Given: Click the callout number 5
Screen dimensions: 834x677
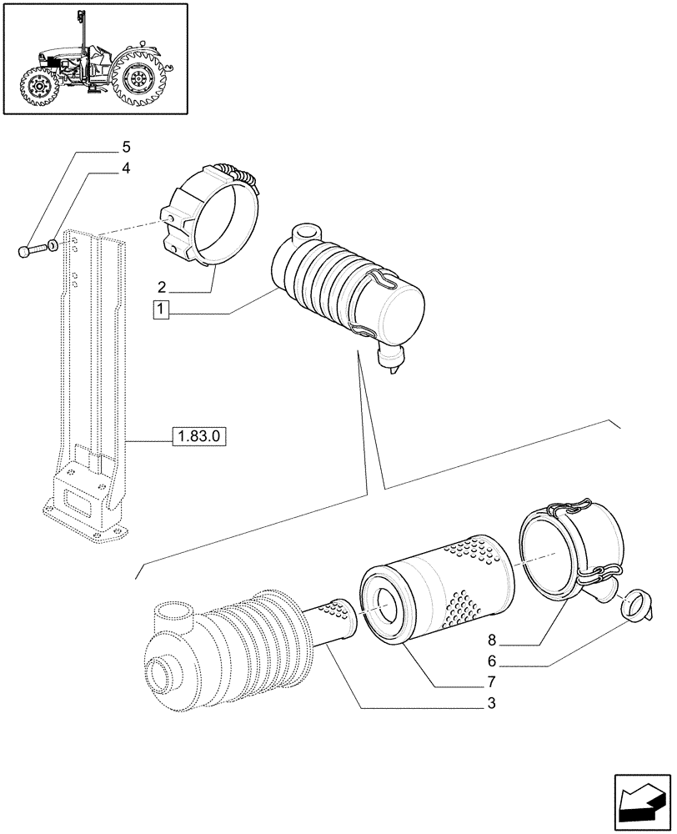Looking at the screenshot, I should coord(126,148).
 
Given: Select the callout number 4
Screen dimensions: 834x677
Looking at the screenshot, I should coord(126,169).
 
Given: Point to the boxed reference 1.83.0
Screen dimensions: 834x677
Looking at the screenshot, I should coord(200,435).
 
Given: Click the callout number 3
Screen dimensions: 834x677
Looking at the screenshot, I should coord(493,703).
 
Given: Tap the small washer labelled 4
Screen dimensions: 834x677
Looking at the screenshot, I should coord(53,246).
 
